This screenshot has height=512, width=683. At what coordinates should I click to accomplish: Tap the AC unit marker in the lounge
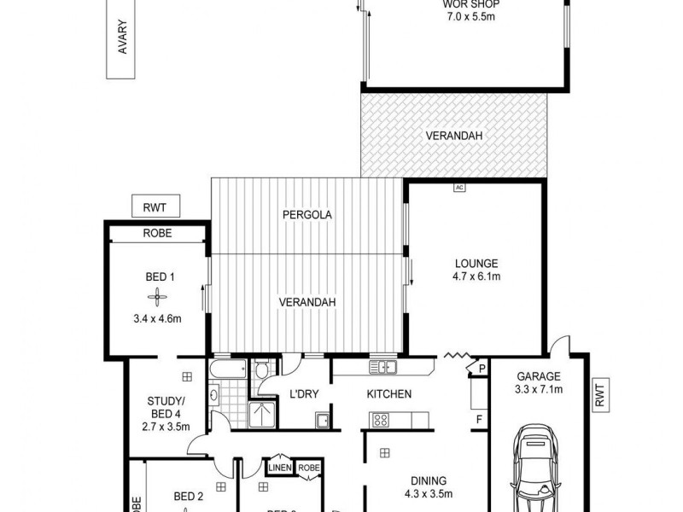[x=458, y=187]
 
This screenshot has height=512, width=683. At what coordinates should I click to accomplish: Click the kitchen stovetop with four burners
[x=380, y=419]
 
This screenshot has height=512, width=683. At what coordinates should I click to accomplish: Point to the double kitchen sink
[x=382, y=367]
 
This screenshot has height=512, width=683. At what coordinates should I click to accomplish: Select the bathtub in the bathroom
[x=228, y=369]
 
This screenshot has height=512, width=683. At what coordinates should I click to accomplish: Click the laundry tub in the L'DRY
[x=323, y=419]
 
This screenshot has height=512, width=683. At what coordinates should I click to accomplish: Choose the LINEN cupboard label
[x=279, y=467]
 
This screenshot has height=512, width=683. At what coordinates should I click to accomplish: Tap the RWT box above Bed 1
[x=155, y=206]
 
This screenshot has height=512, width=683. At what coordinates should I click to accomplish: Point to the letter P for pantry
[x=482, y=369]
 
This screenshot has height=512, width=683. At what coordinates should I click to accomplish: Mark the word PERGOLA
[x=306, y=215]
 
